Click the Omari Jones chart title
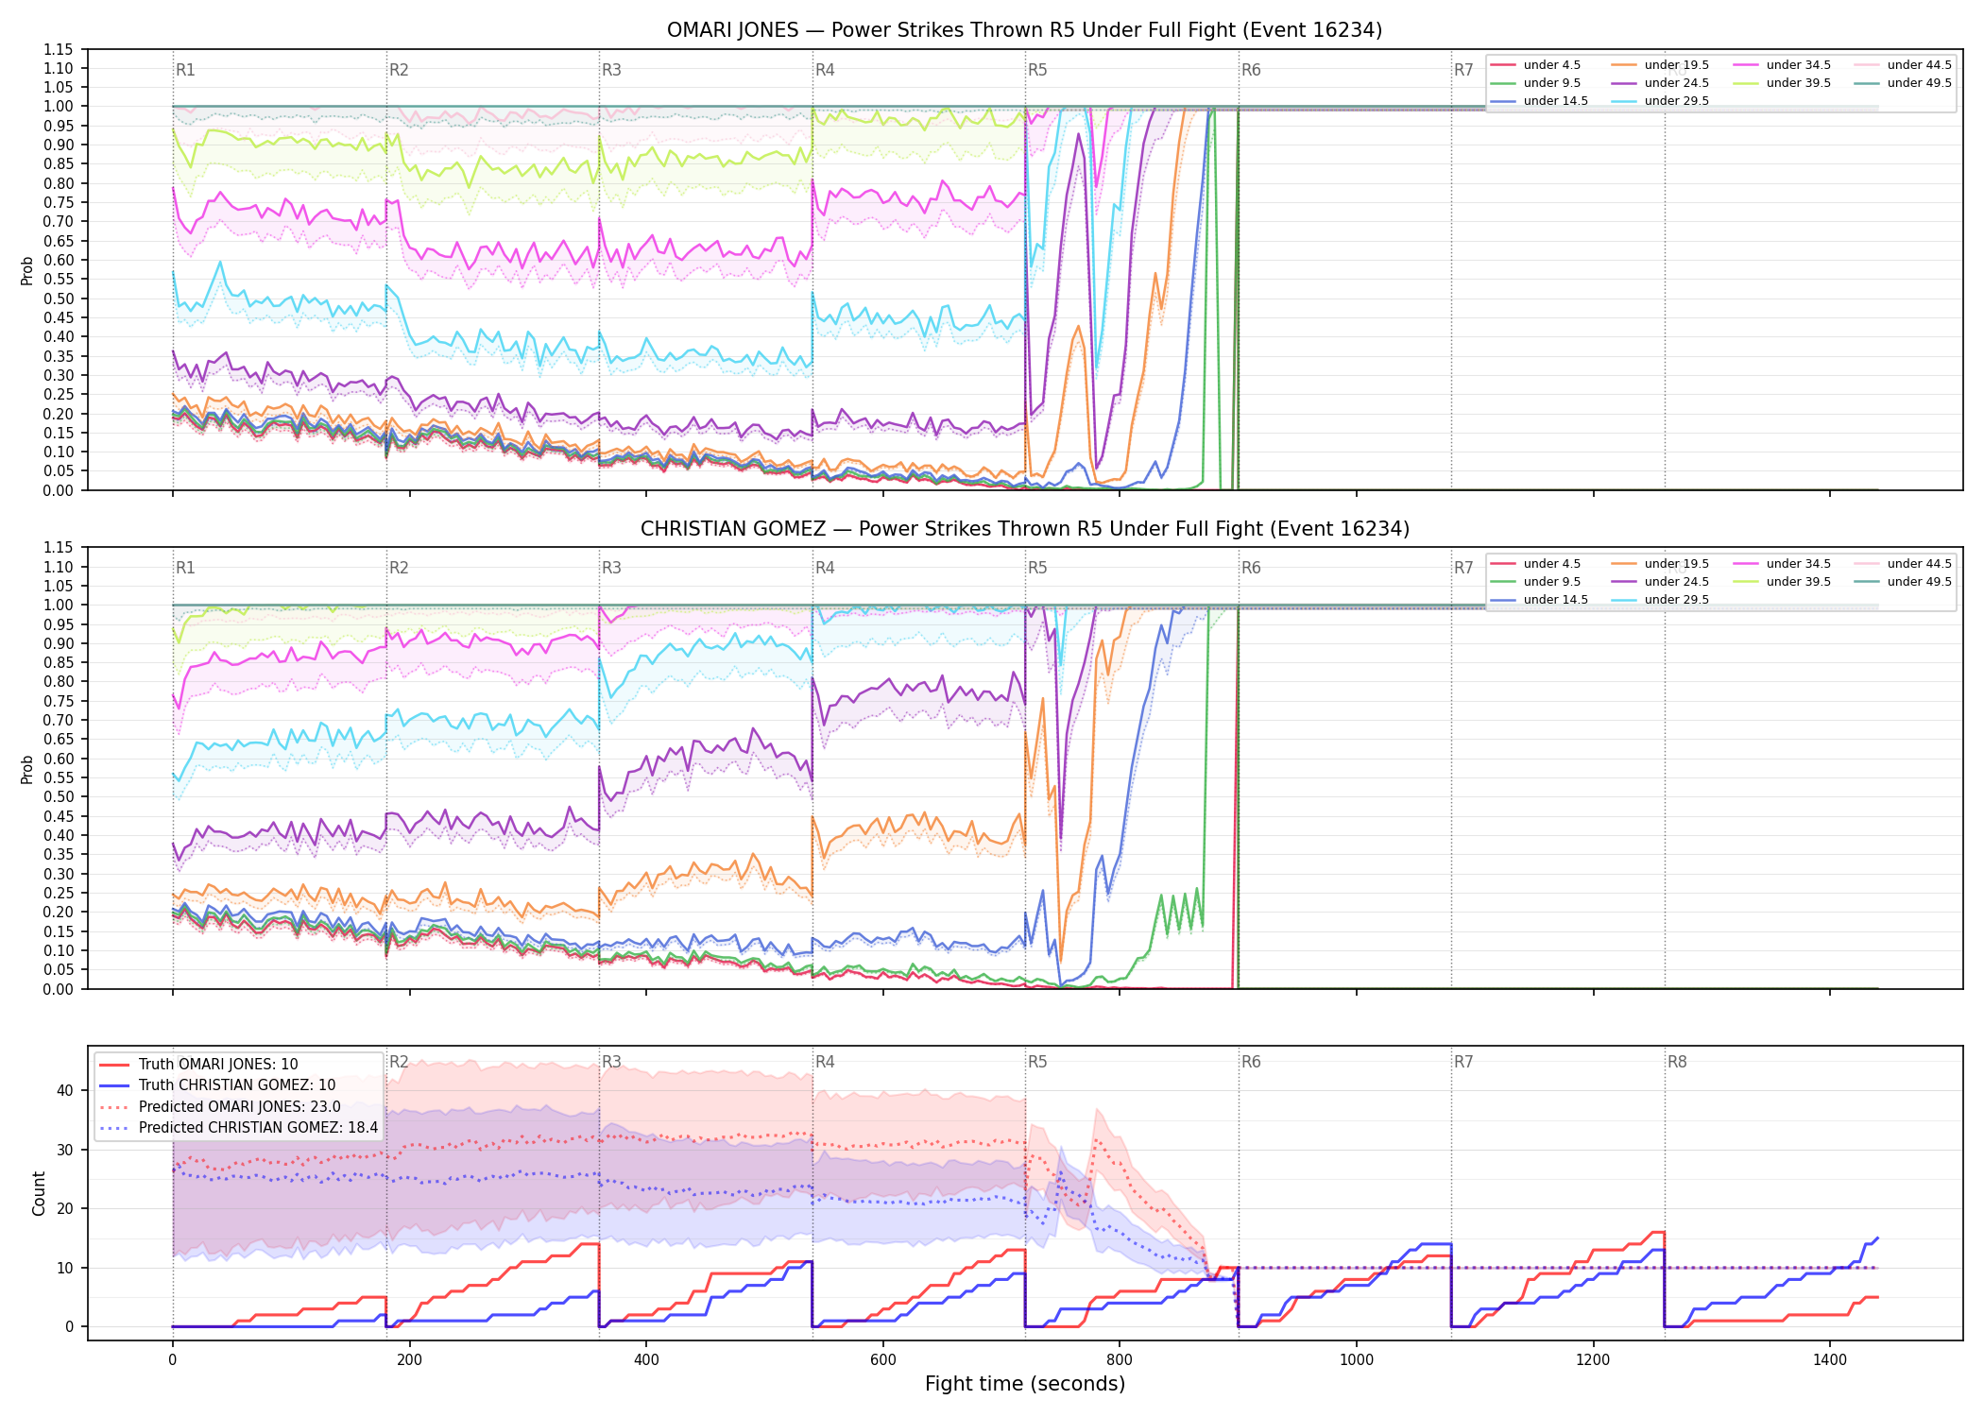pos(1024,30)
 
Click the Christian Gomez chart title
pos(1024,529)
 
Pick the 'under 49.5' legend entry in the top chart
pos(1903,83)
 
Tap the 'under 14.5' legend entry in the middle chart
pos(1539,600)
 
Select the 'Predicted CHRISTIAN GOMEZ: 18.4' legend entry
pos(239,1127)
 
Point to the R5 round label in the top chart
pos(1037,70)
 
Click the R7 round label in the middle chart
pos(1463,568)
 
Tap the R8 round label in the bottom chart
pos(1677,1062)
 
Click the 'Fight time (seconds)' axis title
pos(1025,1384)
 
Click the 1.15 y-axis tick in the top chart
pos(59,49)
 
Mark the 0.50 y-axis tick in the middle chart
pos(59,796)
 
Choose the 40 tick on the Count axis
pos(65,1090)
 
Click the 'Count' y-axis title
pos(39,1193)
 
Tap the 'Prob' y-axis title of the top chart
pos(27,270)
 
